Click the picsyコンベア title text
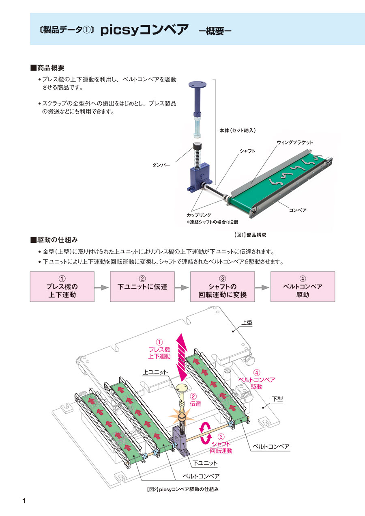click(x=144, y=30)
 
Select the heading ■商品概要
click(x=48, y=67)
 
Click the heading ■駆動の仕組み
click(x=54, y=240)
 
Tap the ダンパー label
click(x=161, y=166)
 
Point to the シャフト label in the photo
click(x=247, y=151)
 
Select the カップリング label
click(x=199, y=215)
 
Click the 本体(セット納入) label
click(x=237, y=130)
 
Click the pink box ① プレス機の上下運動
click(x=62, y=287)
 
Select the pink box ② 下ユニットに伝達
click(x=142, y=287)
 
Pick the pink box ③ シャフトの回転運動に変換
click(x=223, y=287)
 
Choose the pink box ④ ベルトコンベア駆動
click(x=303, y=287)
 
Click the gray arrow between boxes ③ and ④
click(x=262, y=287)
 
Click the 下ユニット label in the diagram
click(x=205, y=463)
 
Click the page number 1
click(x=24, y=501)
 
